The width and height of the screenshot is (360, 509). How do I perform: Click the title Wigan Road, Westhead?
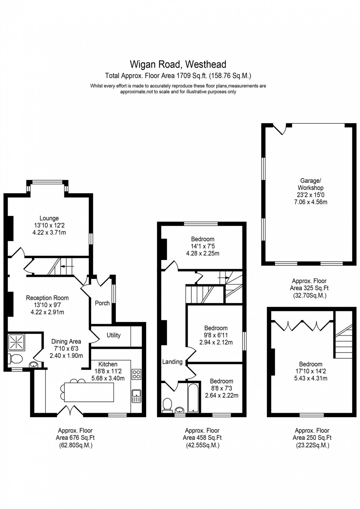click(x=178, y=65)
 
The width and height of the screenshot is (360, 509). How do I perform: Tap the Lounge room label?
click(x=49, y=218)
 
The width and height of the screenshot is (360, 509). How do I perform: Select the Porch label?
click(x=102, y=303)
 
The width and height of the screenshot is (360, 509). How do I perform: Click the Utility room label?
click(x=114, y=335)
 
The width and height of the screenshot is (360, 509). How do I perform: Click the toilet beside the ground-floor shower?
click(x=16, y=358)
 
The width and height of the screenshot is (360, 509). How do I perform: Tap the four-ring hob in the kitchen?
click(x=136, y=374)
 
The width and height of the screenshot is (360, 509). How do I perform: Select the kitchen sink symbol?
click(x=136, y=396)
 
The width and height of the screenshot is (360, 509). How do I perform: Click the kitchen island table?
click(x=89, y=393)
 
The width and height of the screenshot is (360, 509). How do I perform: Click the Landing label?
click(x=172, y=362)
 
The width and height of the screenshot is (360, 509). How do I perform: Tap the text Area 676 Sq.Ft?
click(x=75, y=437)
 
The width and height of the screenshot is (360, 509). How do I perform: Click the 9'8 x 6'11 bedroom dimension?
click(x=216, y=335)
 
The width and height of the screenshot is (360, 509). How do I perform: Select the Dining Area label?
click(x=66, y=341)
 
